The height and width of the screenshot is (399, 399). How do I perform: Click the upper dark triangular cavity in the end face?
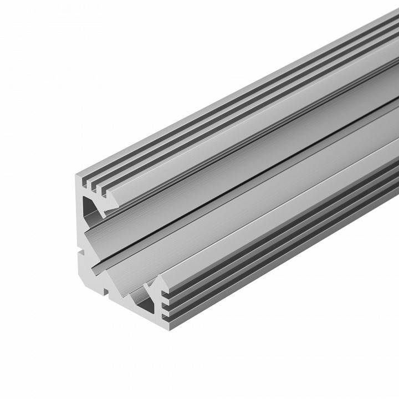coord(90,209)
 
